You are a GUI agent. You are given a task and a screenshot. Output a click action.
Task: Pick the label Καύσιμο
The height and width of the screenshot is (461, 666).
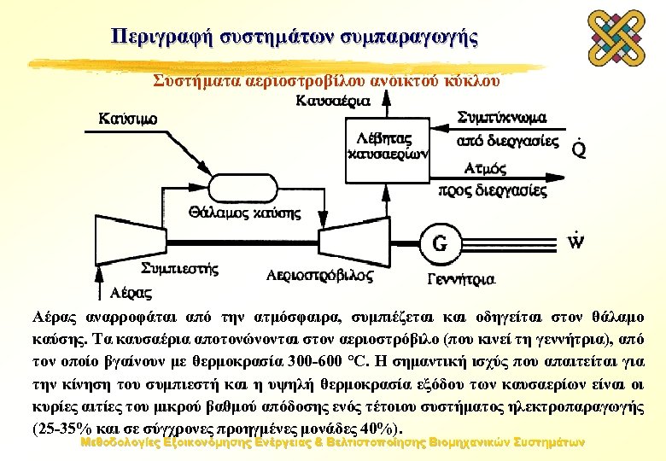128,118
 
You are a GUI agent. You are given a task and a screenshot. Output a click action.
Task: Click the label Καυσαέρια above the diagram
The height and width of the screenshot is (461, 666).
332,101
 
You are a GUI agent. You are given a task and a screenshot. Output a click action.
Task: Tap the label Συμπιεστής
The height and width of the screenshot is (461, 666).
180,269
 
